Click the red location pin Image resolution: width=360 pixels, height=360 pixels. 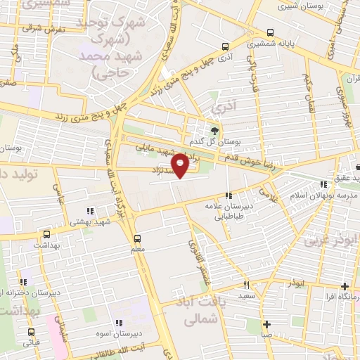pyautogui.click(x=181, y=165)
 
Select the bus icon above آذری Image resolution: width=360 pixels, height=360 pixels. pyautogui.click(x=224, y=48)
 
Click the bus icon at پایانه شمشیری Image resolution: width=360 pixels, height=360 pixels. pyautogui.click(x=271, y=32)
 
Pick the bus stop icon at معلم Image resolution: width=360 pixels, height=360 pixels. pyautogui.click(x=137, y=238)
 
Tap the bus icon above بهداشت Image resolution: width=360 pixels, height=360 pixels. pyautogui.click(x=47, y=234)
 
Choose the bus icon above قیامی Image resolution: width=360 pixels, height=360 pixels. pyautogui.click(x=31, y=331)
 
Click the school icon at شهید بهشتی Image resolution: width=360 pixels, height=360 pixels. pyautogui.click(x=89, y=210)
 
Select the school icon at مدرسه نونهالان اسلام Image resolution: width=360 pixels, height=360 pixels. pyautogui.click(x=323, y=184)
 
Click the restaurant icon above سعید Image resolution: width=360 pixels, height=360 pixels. pyautogui.click(x=246, y=285)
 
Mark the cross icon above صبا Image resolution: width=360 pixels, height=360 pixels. pyautogui.click(x=267, y=324)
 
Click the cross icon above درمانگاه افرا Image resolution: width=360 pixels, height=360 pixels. pyautogui.click(x=345, y=286)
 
